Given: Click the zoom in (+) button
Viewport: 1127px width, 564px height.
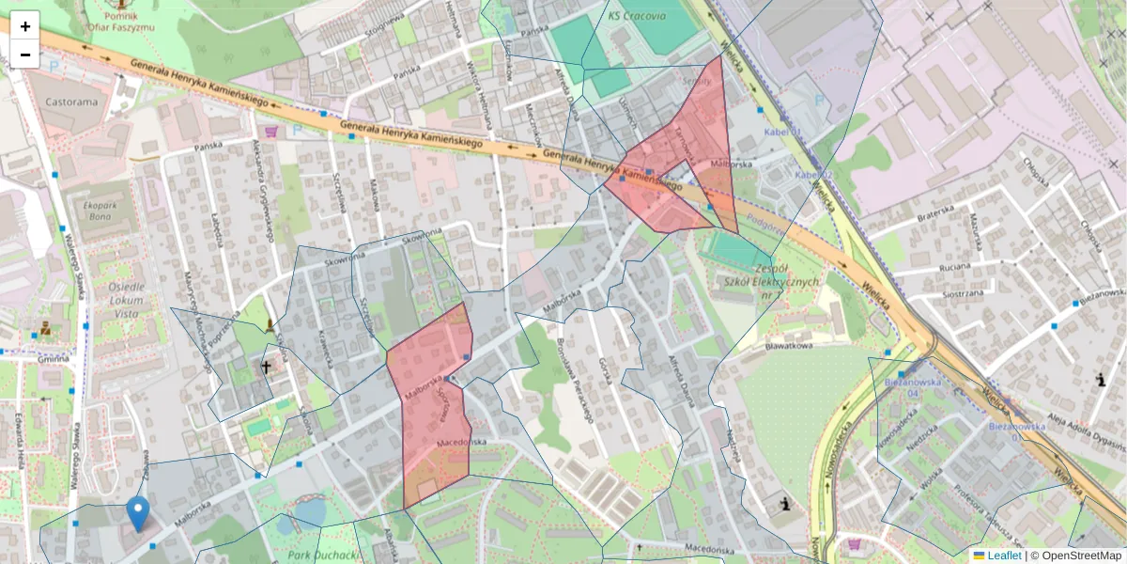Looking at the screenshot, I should pos(25,25).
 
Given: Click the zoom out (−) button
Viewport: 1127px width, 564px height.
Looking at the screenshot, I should pos(25,55).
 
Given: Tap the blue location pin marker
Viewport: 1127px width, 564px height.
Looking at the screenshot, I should pos(138,513).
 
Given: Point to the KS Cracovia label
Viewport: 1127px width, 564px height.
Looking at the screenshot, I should pos(637,16).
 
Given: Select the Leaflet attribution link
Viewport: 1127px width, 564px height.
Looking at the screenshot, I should pos(1003,556).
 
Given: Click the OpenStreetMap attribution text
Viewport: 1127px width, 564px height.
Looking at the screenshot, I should pos(1081,556).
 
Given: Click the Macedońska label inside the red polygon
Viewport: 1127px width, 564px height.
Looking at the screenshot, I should pos(460,442).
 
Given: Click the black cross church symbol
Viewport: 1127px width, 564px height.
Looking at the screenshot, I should pos(266,366).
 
